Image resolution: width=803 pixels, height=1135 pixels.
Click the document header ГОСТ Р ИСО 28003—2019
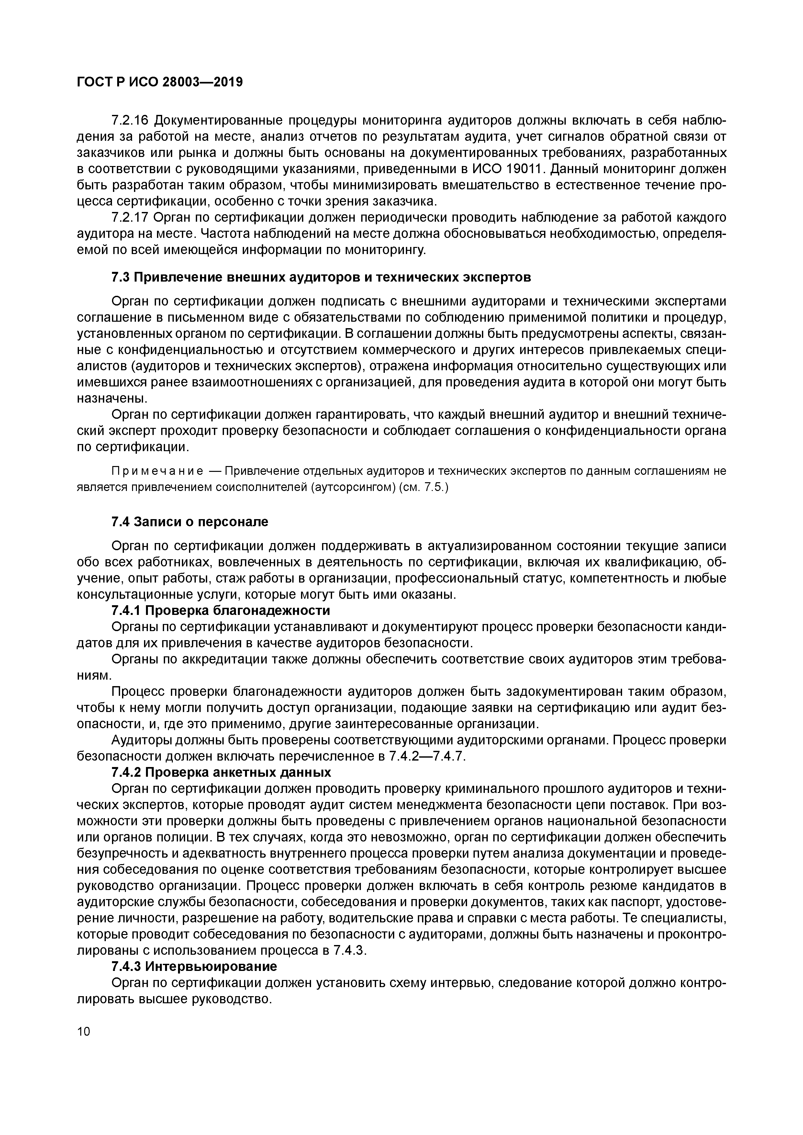click(x=160, y=83)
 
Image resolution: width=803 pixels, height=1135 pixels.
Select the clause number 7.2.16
click(x=130, y=121)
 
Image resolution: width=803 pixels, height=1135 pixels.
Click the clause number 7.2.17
click(x=130, y=217)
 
